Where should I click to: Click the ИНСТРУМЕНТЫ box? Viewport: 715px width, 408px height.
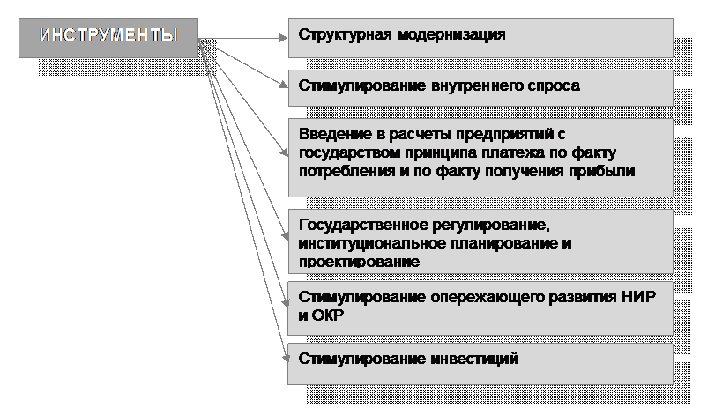pos(108,38)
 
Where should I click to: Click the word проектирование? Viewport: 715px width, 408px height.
pos(360,262)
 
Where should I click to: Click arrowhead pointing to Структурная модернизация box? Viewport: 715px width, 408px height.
pos(284,38)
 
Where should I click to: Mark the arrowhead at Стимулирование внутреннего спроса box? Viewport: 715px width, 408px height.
pos(283,85)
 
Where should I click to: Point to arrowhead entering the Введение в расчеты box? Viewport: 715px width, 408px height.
pos(284,152)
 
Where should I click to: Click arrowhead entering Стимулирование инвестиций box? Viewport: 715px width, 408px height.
pos(286,360)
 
